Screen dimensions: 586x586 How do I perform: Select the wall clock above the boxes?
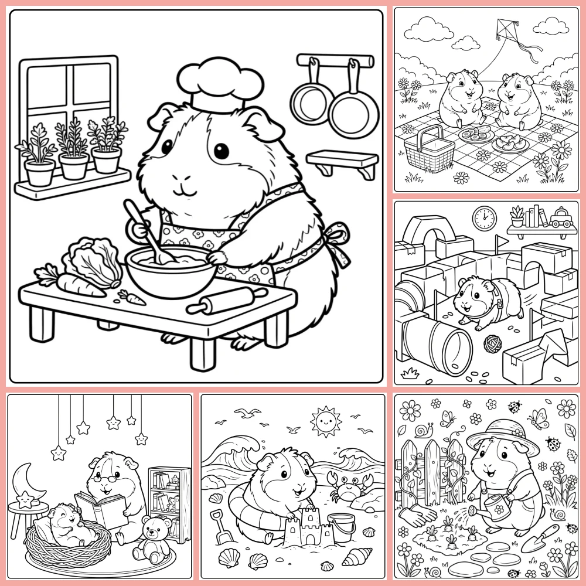coord(485,217)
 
